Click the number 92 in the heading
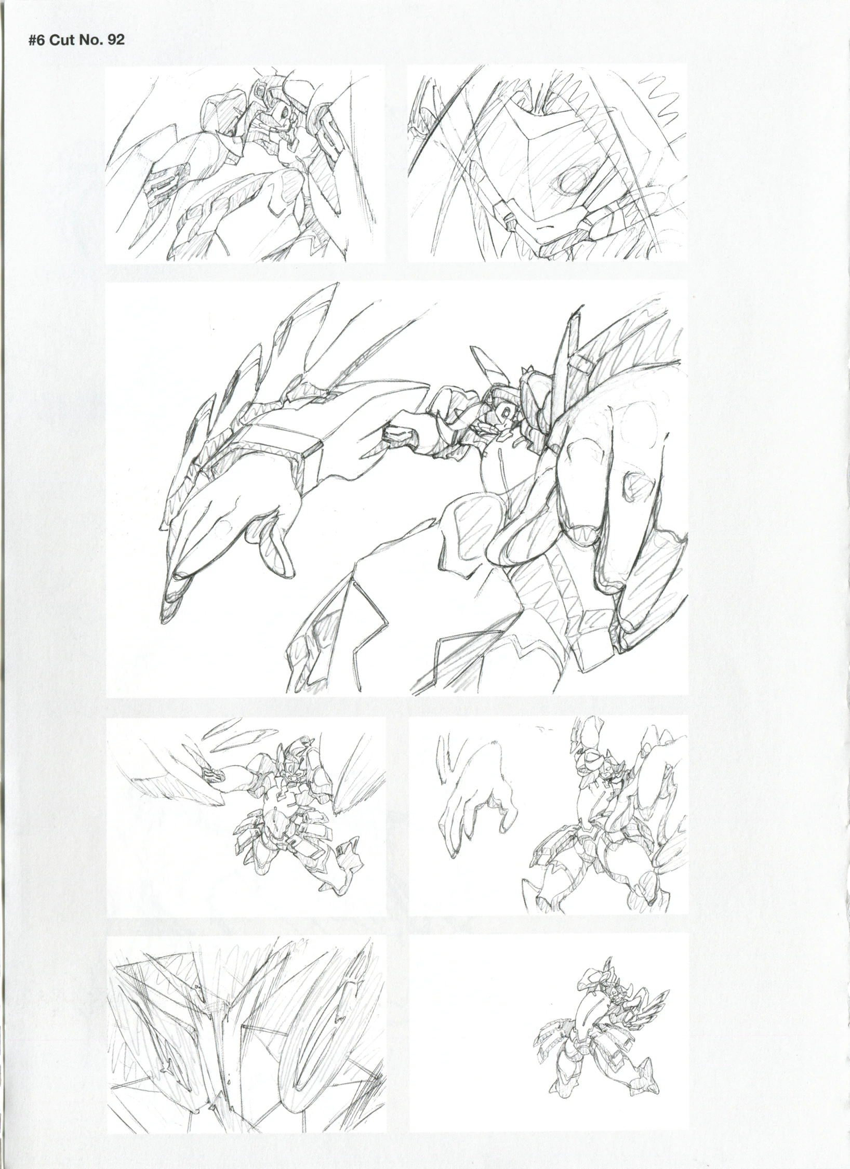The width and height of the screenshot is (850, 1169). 115,41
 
